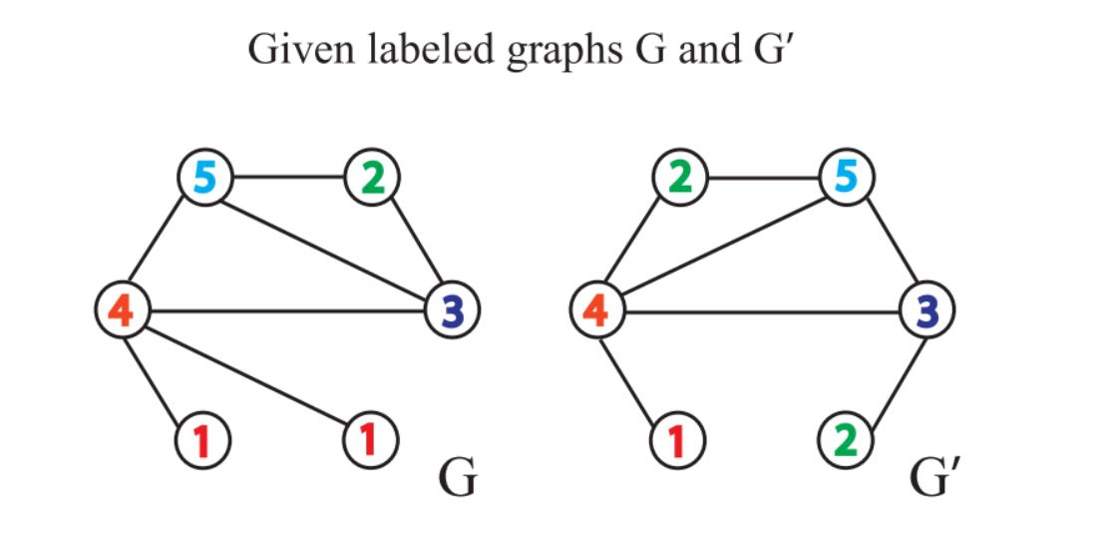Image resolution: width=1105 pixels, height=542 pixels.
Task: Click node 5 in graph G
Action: point(204,180)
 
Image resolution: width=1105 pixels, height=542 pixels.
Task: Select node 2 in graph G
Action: point(372,180)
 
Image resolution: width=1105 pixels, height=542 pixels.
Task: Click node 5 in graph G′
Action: point(846,180)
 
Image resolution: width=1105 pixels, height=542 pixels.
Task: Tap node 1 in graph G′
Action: point(679,439)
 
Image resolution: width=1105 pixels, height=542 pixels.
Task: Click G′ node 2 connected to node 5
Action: point(679,180)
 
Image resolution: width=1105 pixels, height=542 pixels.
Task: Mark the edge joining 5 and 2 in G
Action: point(288,180)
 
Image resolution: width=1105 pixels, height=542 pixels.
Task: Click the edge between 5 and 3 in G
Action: point(329,246)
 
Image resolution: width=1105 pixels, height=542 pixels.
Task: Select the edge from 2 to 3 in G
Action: point(412,245)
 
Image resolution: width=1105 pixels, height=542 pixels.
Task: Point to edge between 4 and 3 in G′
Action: point(761,311)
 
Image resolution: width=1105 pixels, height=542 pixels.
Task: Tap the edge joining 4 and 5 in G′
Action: point(720,246)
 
